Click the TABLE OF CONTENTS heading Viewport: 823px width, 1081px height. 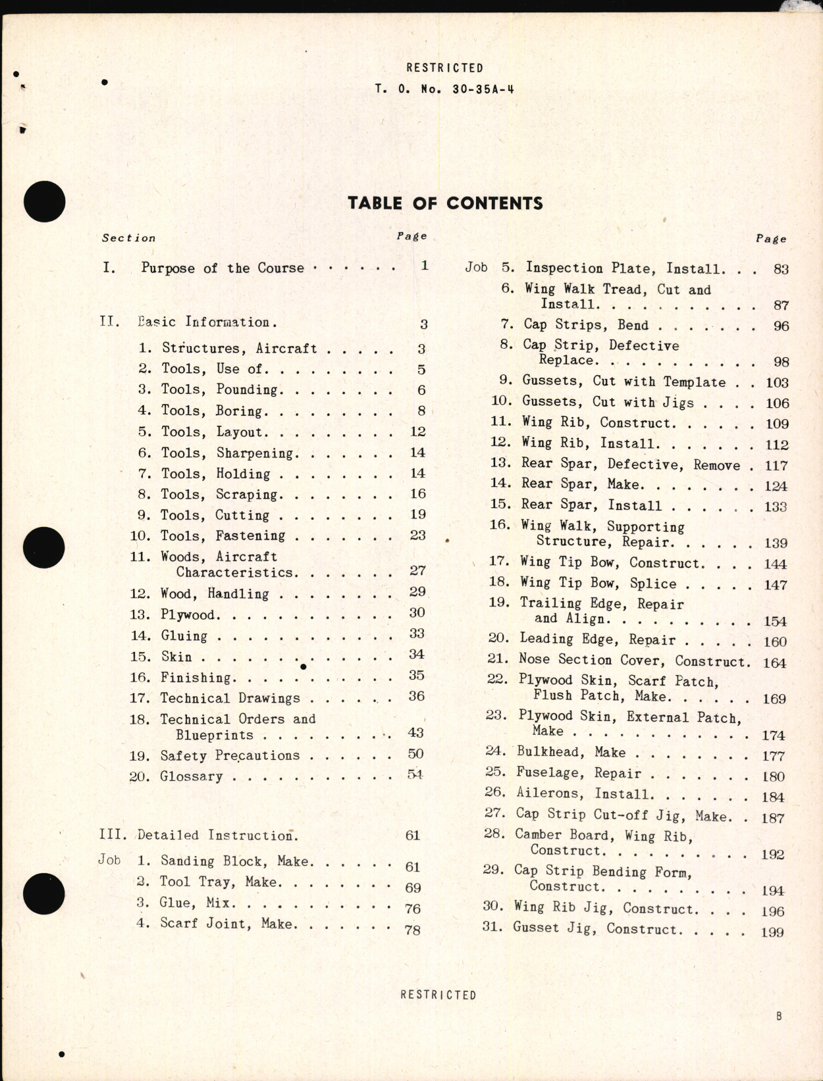click(x=445, y=203)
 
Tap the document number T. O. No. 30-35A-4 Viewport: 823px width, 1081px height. click(x=444, y=89)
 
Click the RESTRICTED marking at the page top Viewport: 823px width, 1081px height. click(x=444, y=68)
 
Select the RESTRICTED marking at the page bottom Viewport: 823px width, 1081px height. click(x=438, y=995)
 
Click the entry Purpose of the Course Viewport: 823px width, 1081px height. click(x=223, y=268)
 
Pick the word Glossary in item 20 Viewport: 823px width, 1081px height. click(x=192, y=776)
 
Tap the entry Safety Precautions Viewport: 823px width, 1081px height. click(x=230, y=755)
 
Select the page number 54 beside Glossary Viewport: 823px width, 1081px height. click(x=415, y=774)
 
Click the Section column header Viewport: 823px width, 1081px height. click(x=128, y=238)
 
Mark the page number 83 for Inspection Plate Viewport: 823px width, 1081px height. click(x=781, y=269)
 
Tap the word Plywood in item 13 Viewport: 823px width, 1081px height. click(x=188, y=615)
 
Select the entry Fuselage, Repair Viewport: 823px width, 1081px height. click(x=579, y=773)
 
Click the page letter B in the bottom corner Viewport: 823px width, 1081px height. click(x=779, y=1016)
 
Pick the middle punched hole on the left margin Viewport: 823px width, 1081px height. click(x=44, y=547)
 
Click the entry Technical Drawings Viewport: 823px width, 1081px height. click(x=230, y=698)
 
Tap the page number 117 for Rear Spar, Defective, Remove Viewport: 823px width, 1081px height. click(x=776, y=466)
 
